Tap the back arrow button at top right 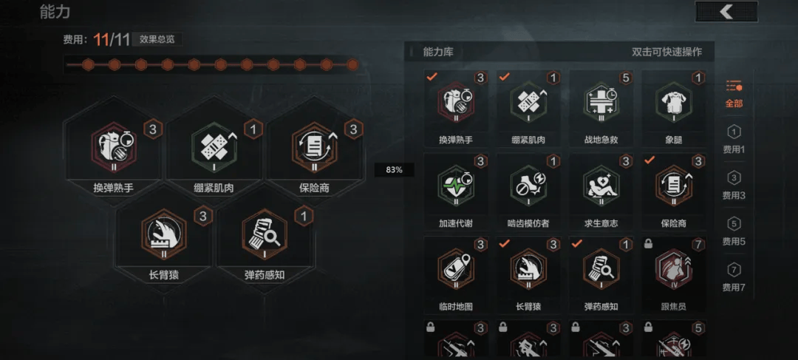pos(726,12)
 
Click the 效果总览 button pos(157,39)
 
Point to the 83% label pos(394,170)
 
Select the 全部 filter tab pos(734,94)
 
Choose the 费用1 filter pos(734,139)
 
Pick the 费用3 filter pos(734,184)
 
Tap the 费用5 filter pos(734,230)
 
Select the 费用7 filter pos(734,276)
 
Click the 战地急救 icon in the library pos(601,103)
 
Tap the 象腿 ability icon pos(673,103)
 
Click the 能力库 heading pos(437,52)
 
